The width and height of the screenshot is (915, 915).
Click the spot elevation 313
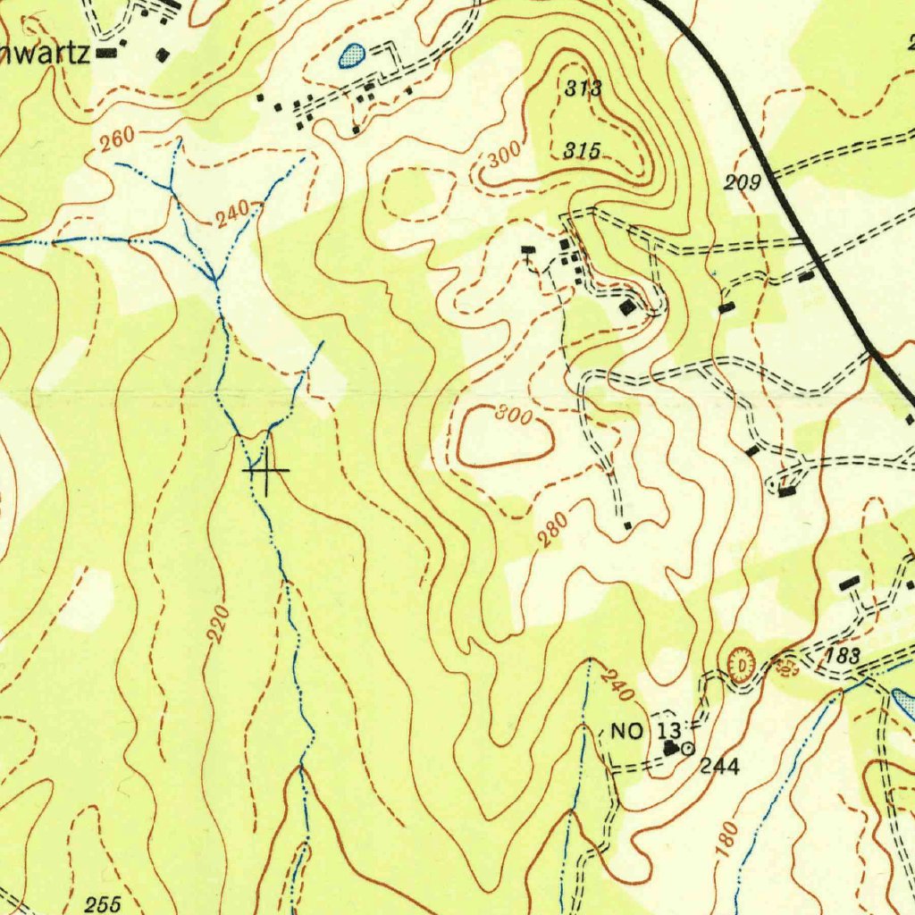click(583, 88)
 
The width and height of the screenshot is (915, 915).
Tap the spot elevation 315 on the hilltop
click(581, 151)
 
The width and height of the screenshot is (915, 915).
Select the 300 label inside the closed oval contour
click(514, 416)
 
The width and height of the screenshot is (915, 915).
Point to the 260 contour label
click(117, 139)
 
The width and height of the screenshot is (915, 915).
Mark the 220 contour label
click(218, 624)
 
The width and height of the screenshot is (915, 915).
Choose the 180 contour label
click(728, 840)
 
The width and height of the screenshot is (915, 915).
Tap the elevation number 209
click(742, 183)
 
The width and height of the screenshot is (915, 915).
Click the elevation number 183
click(842, 656)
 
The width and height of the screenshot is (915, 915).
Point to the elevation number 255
click(103, 904)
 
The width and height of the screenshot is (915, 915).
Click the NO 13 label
click(645, 732)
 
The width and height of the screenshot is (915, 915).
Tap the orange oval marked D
click(741, 667)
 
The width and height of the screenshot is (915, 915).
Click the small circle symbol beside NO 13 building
click(687, 751)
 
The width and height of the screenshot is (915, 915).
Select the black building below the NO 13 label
click(670, 747)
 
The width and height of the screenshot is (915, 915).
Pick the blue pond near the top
click(353, 55)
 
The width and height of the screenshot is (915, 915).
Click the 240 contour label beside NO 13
click(616, 684)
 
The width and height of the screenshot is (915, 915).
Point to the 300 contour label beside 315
click(504, 158)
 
